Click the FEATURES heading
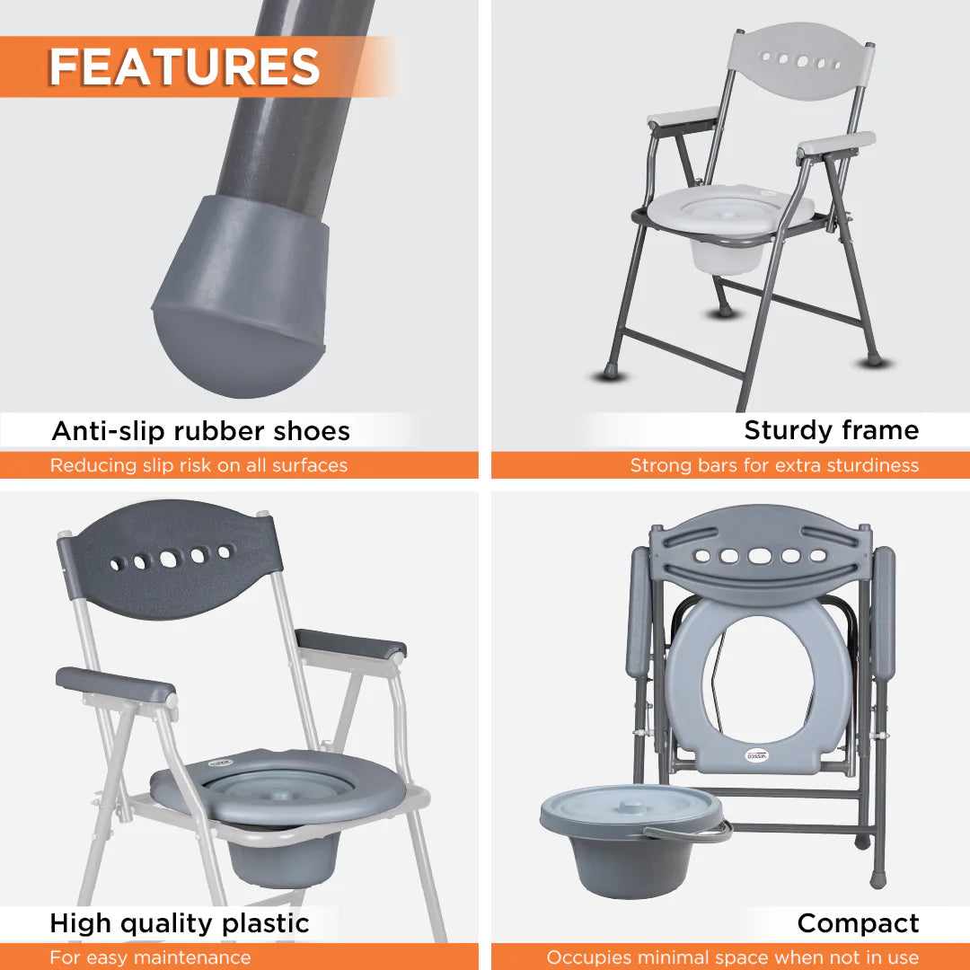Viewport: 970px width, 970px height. point(184,66)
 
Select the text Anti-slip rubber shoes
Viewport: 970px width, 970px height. point(200,431)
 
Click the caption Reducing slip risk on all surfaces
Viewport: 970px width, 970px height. point(198,465)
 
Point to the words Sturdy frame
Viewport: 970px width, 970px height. point(831,430)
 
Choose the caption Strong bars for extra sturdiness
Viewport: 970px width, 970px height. point(774,465)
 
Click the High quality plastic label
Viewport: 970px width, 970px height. point(180,923)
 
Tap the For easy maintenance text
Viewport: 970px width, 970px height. point(150,957)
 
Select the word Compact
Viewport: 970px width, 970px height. point(858,923)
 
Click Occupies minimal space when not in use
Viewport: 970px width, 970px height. point(732,957)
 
